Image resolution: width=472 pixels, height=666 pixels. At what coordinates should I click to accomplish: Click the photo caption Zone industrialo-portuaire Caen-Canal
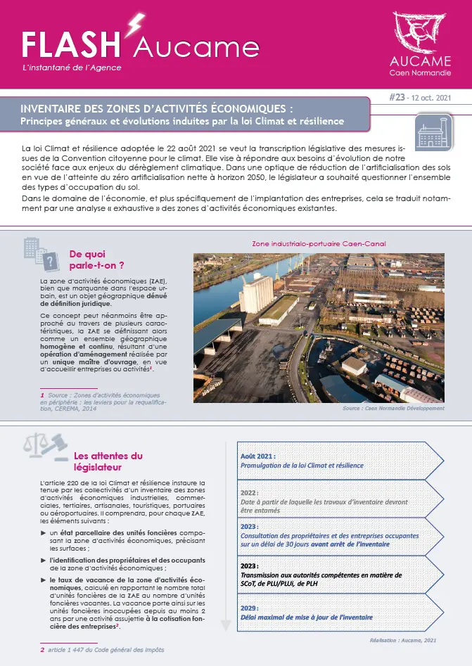[319, 243]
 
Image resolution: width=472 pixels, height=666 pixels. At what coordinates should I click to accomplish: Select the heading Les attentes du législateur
[108, 461]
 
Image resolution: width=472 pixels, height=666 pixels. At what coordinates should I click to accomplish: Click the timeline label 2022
[250, 493]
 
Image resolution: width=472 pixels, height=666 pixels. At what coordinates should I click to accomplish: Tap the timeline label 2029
[250, 608]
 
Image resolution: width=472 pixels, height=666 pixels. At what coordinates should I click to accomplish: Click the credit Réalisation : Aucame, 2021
[402, 640]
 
